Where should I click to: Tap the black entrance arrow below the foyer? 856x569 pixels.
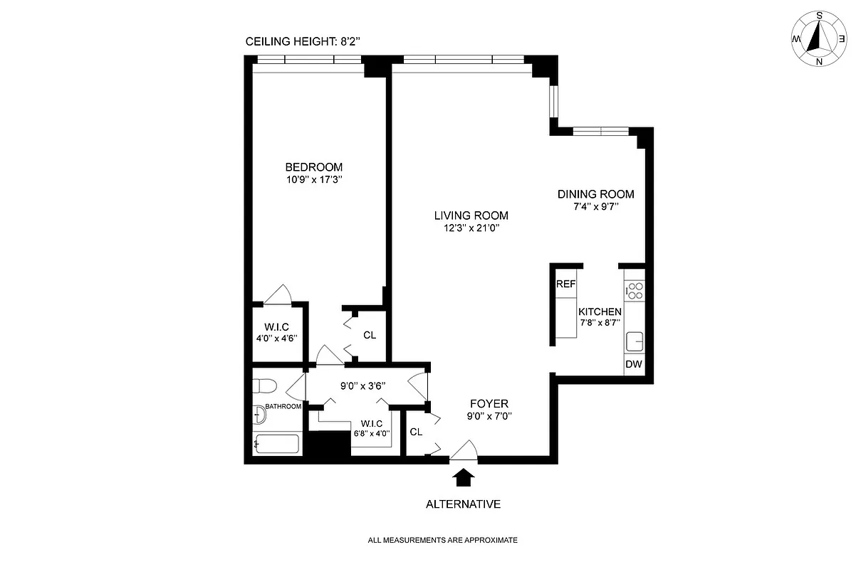(464, 477)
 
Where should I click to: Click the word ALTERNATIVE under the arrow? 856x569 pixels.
(463, 504)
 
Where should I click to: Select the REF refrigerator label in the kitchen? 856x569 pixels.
(565, 284)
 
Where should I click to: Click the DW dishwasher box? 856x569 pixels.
(634, 365)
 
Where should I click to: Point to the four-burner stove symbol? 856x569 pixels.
(634, 290)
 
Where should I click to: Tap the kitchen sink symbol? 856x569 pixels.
(634, 341)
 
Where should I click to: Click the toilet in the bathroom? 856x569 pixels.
(265, 386)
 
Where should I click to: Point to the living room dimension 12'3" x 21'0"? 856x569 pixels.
(471, 228)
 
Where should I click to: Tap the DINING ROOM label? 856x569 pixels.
(595, 194)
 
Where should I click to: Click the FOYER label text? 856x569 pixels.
(489, 404)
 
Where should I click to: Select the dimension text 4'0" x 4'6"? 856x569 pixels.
(276, 339)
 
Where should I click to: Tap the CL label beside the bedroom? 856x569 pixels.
(370, 335)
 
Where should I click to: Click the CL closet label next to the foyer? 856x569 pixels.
(416, 432)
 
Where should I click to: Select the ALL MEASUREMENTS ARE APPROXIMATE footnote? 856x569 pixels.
(442, 541)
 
